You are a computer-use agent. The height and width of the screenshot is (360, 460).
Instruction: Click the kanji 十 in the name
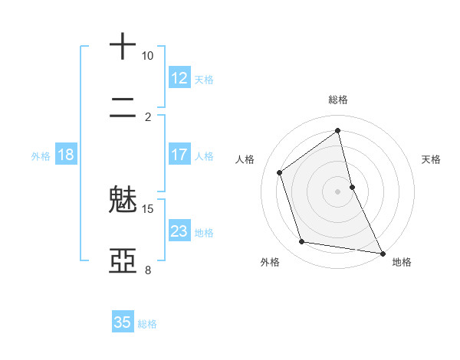(123, 47)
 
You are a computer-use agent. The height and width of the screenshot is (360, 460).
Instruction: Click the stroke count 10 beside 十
(148, 56)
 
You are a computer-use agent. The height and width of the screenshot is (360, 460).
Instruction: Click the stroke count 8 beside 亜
(148, 270)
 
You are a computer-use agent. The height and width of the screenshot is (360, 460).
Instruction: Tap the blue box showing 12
(179, 78)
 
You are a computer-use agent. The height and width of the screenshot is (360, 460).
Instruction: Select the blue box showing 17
(179, 155)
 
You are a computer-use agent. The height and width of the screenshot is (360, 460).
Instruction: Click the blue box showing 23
(179, 231)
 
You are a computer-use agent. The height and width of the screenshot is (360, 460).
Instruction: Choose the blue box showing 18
(66, 155)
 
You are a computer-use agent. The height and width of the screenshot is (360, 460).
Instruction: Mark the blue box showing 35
(123, 322)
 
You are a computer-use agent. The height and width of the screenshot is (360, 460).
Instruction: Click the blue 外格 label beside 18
(41, 156)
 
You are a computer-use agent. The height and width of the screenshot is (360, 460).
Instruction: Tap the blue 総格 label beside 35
(147, 324)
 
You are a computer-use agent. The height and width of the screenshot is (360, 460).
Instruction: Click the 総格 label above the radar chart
(338, 100)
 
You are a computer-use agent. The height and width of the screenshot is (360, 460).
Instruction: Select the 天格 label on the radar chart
(432, 159)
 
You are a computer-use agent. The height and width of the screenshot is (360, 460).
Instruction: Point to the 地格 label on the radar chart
(402, 262)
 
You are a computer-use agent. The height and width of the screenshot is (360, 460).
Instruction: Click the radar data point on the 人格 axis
(280, 172)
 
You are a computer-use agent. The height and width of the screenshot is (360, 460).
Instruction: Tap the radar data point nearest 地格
(381, 252)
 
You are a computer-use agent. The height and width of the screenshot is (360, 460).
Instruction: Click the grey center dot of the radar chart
(338, 191)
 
